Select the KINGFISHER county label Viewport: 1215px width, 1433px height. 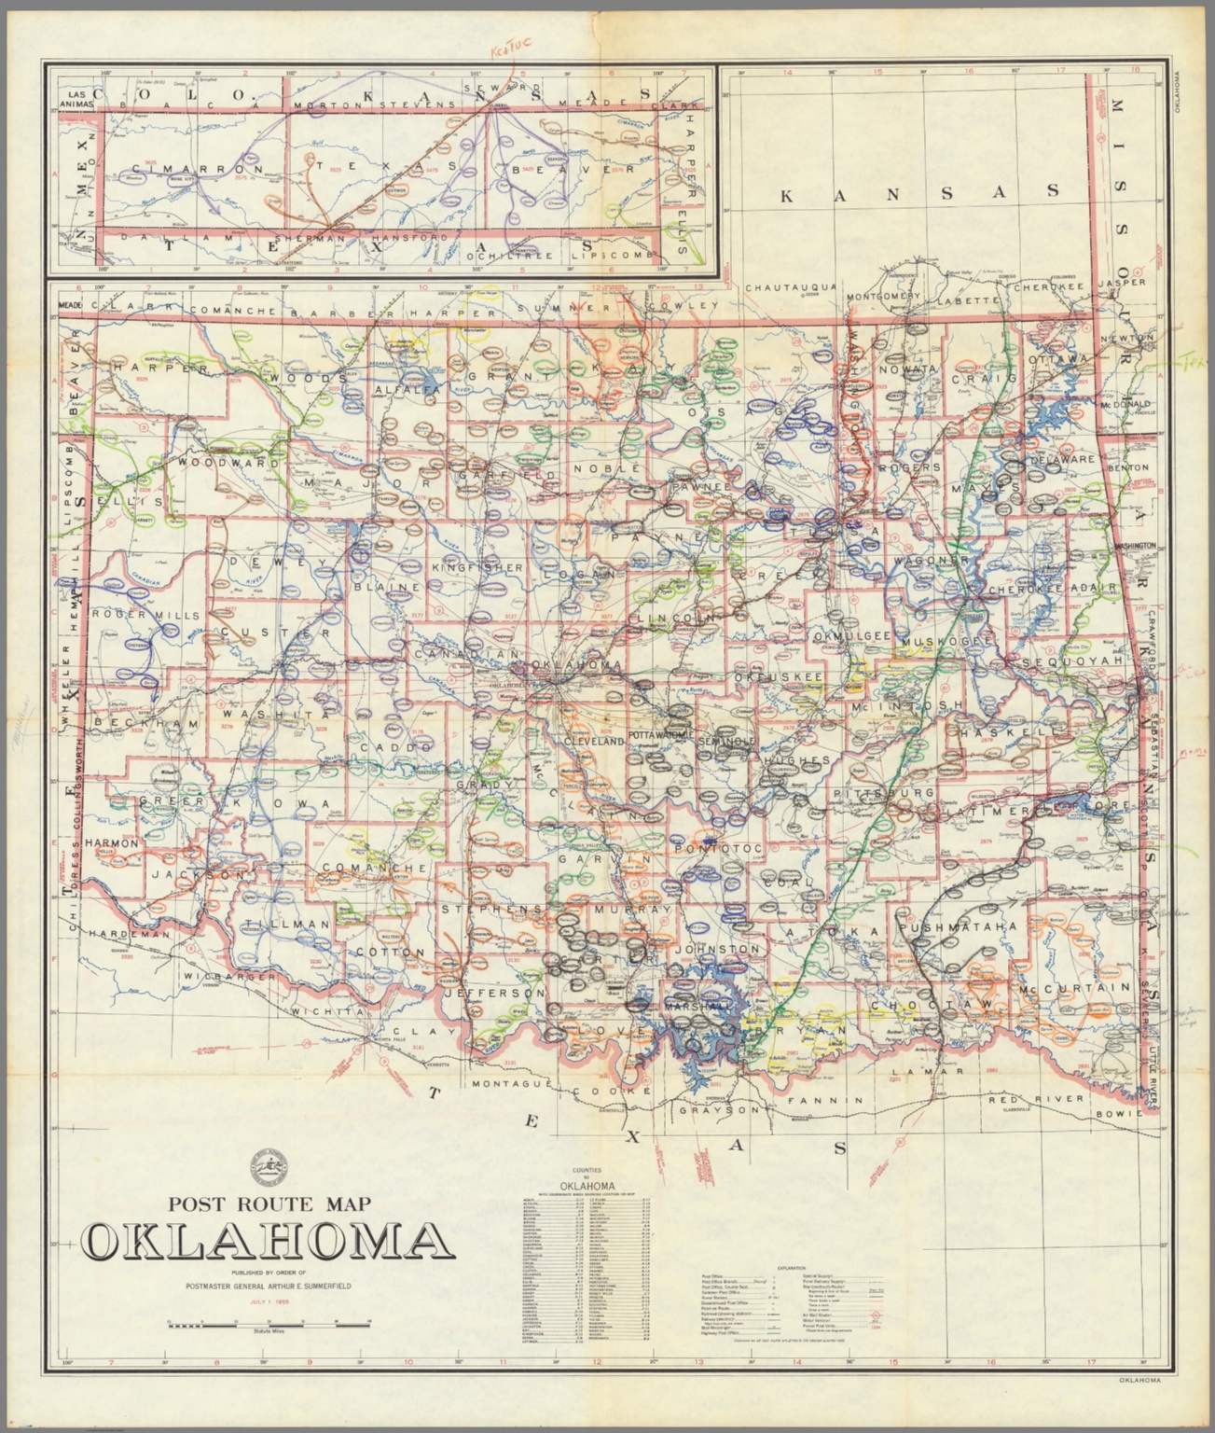tap(476, 566)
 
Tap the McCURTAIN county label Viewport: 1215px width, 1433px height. tap(1074, 987)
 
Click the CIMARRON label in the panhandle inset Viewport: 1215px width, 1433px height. tap(191, 169)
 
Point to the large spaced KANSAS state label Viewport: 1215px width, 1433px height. tap(919, 193)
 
